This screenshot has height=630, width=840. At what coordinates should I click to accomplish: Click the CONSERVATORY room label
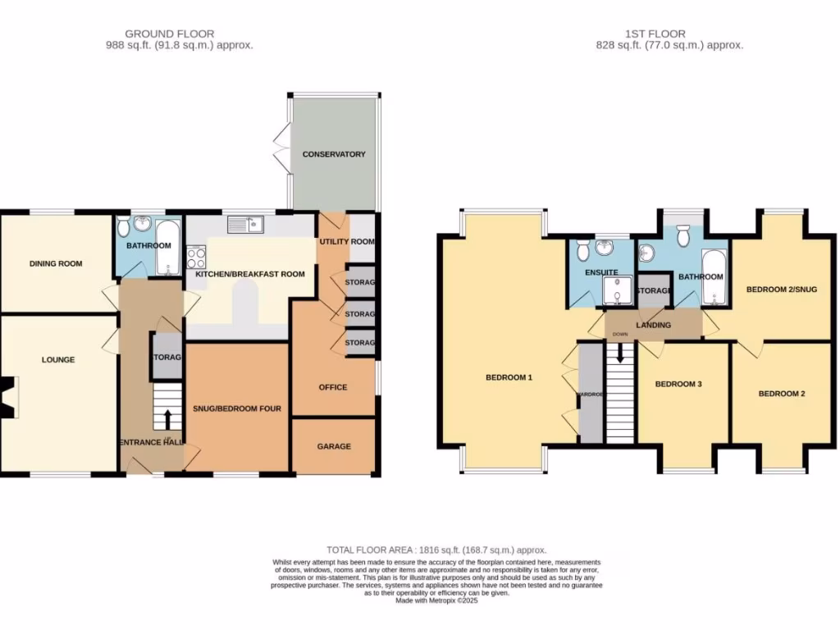coord(333,154)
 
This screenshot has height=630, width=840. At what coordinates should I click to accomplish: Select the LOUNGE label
coord(58,359)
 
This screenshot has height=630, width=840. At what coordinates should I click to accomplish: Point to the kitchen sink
coord(245,222)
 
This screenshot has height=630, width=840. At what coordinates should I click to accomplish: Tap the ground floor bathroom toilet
coord(124,226)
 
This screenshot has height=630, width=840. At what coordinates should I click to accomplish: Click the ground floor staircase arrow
coord(168,418)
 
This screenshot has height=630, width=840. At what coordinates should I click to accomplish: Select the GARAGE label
coord(334,446)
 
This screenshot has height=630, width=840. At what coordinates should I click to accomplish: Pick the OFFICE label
coord(333,387)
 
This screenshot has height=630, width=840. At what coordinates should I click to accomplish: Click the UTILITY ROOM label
coord(346,242)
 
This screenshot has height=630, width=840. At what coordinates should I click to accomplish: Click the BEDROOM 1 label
coord(509,377)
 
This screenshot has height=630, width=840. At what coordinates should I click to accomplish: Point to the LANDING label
coord(653,326)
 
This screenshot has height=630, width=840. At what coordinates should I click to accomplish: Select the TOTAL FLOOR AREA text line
coord(436,550)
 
